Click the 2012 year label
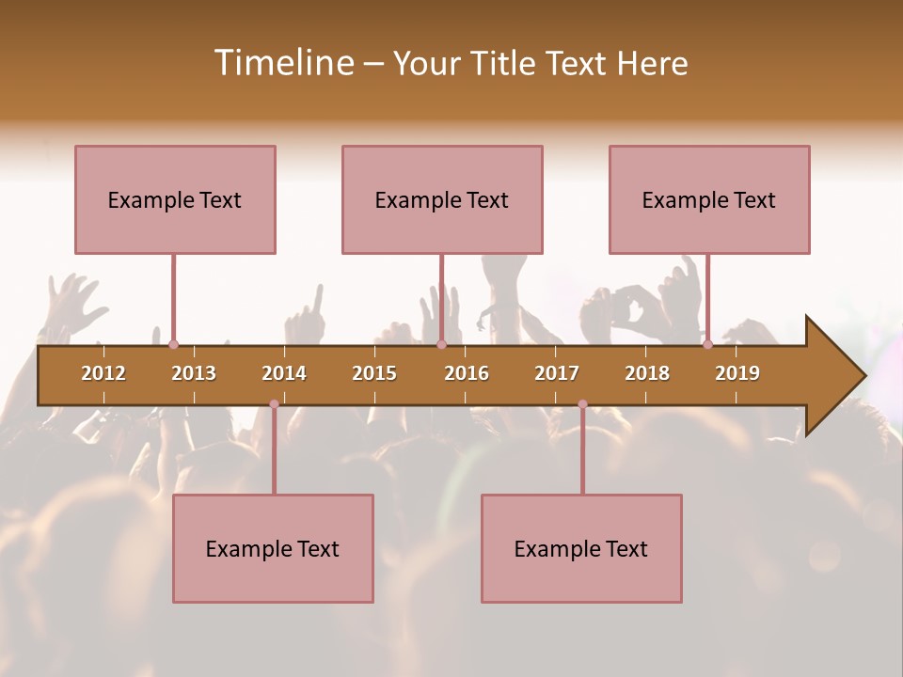click(103, 373)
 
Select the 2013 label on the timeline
click(194, 373)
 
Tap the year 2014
click(284, 373)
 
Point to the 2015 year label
click(374, 373)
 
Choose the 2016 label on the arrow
click(467, 373)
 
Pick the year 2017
click(557, 373)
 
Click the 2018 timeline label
click(647, 373)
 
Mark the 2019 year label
click(737, 373)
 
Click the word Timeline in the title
click(282, 63)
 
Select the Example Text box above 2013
click(175, 199)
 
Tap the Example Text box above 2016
click(442, 199)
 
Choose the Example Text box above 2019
click(709, 199)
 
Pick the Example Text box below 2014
click(273, 548)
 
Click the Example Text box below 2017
click(581, 548)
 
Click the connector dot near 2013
click(173, 345)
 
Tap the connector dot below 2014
click(274, 404)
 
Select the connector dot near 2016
click(441, 345)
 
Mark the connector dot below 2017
click(582, 404)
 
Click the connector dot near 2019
click(707, 345)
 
